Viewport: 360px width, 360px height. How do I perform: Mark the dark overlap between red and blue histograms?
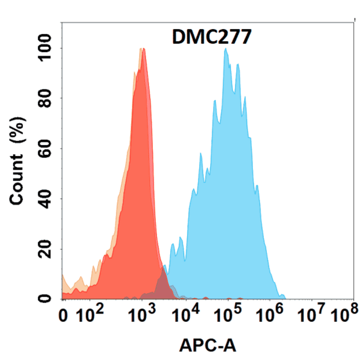click(x=163, y=283)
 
